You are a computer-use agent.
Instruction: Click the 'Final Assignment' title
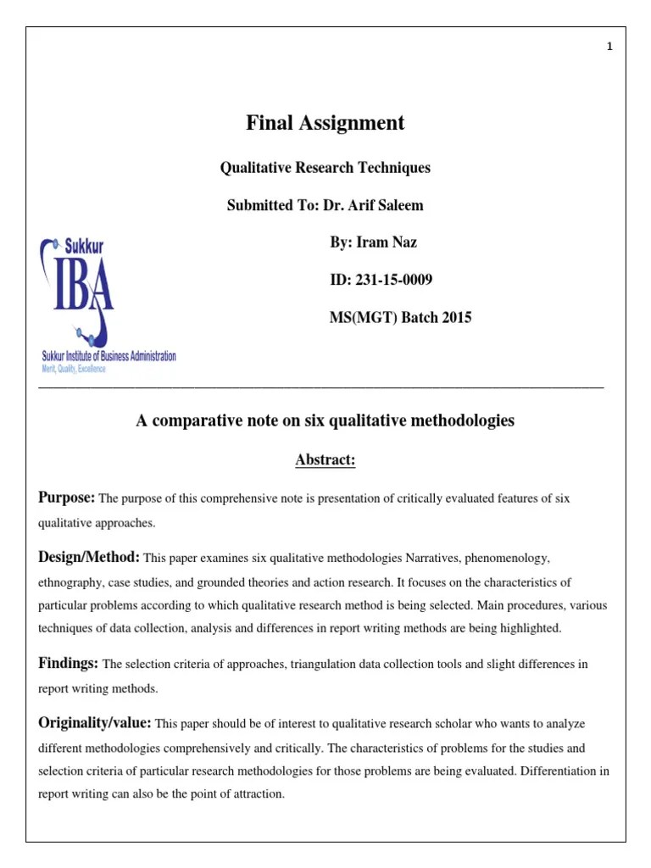325,123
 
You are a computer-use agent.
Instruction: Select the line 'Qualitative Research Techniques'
325,168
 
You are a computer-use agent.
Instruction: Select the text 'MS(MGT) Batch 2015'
400,318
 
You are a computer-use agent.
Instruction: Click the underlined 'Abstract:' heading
325,459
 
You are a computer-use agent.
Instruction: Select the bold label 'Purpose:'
68,498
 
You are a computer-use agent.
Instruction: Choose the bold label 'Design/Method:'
89,557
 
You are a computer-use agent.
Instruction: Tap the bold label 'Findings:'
69,663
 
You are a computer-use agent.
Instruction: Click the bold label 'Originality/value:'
95,722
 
